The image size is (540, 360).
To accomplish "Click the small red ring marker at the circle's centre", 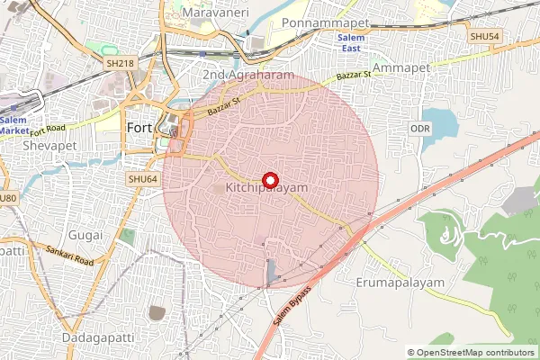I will [270, 179].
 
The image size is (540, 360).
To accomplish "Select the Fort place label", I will [139, 128].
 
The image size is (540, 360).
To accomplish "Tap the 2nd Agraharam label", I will [249, 75].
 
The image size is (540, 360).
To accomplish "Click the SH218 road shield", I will [120, 63].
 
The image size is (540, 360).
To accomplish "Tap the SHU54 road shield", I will [484, 34].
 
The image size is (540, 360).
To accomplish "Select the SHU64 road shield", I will [142, 180].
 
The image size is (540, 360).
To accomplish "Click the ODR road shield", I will [420, 130].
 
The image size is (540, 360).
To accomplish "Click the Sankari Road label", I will [72, 257].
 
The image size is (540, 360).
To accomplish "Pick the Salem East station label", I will [351, 42].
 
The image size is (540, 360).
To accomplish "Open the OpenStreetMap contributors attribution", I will [475, 353].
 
